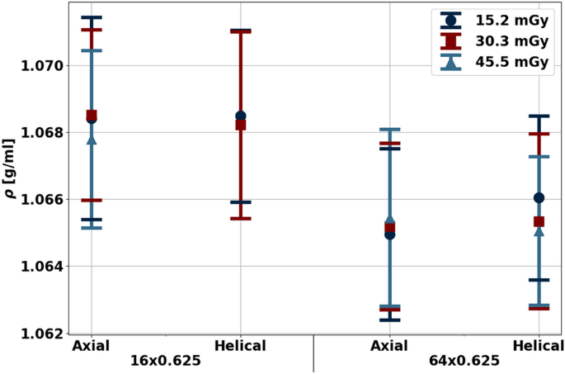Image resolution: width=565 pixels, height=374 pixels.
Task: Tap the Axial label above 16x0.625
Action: [x=92, y=345]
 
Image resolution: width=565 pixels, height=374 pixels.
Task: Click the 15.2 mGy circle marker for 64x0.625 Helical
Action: [x=539, y=197]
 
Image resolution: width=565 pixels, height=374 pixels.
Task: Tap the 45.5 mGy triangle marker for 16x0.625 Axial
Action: [x=92, y=140]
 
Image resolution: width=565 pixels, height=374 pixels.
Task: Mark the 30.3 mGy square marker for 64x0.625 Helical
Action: [x=539, y=221]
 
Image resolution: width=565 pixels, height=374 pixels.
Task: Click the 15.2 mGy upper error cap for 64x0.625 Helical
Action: [x=539, y=116]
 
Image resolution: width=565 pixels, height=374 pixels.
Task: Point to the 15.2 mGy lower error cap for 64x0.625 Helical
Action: [x=539, y=280]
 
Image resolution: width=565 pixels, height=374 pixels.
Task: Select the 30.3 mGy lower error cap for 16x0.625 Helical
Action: [x=241, y=219]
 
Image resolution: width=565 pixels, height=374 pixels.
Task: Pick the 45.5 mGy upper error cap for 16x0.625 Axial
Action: [x=92, y=50]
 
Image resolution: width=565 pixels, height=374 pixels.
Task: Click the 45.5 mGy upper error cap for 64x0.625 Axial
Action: [x=390, y=130]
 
